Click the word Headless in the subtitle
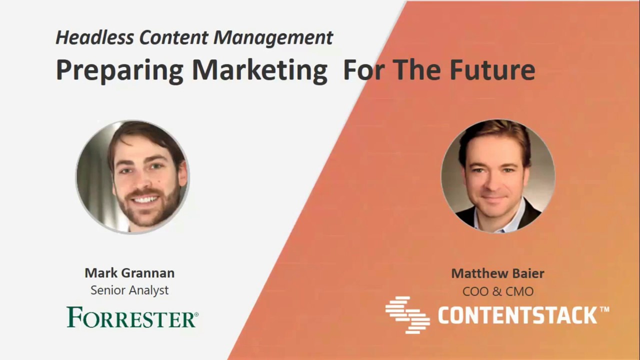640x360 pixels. [x=94, y=37]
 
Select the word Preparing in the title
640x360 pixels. [x=119, y=70]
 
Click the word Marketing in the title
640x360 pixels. [x=259, y=70]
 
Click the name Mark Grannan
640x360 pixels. [x=129, y=273]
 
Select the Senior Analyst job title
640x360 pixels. [x=129, y=290]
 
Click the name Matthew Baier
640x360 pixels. [x=497, y=273]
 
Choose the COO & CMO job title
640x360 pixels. [x=497, y=291]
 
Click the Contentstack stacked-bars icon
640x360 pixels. [x=407, y=314]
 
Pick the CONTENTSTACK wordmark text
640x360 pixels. [x=517, y=315]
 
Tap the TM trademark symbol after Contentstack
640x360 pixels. [x=604, y=309]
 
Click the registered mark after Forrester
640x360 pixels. [x=196, y=314]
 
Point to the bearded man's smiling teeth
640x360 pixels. [x=145, y=199]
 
